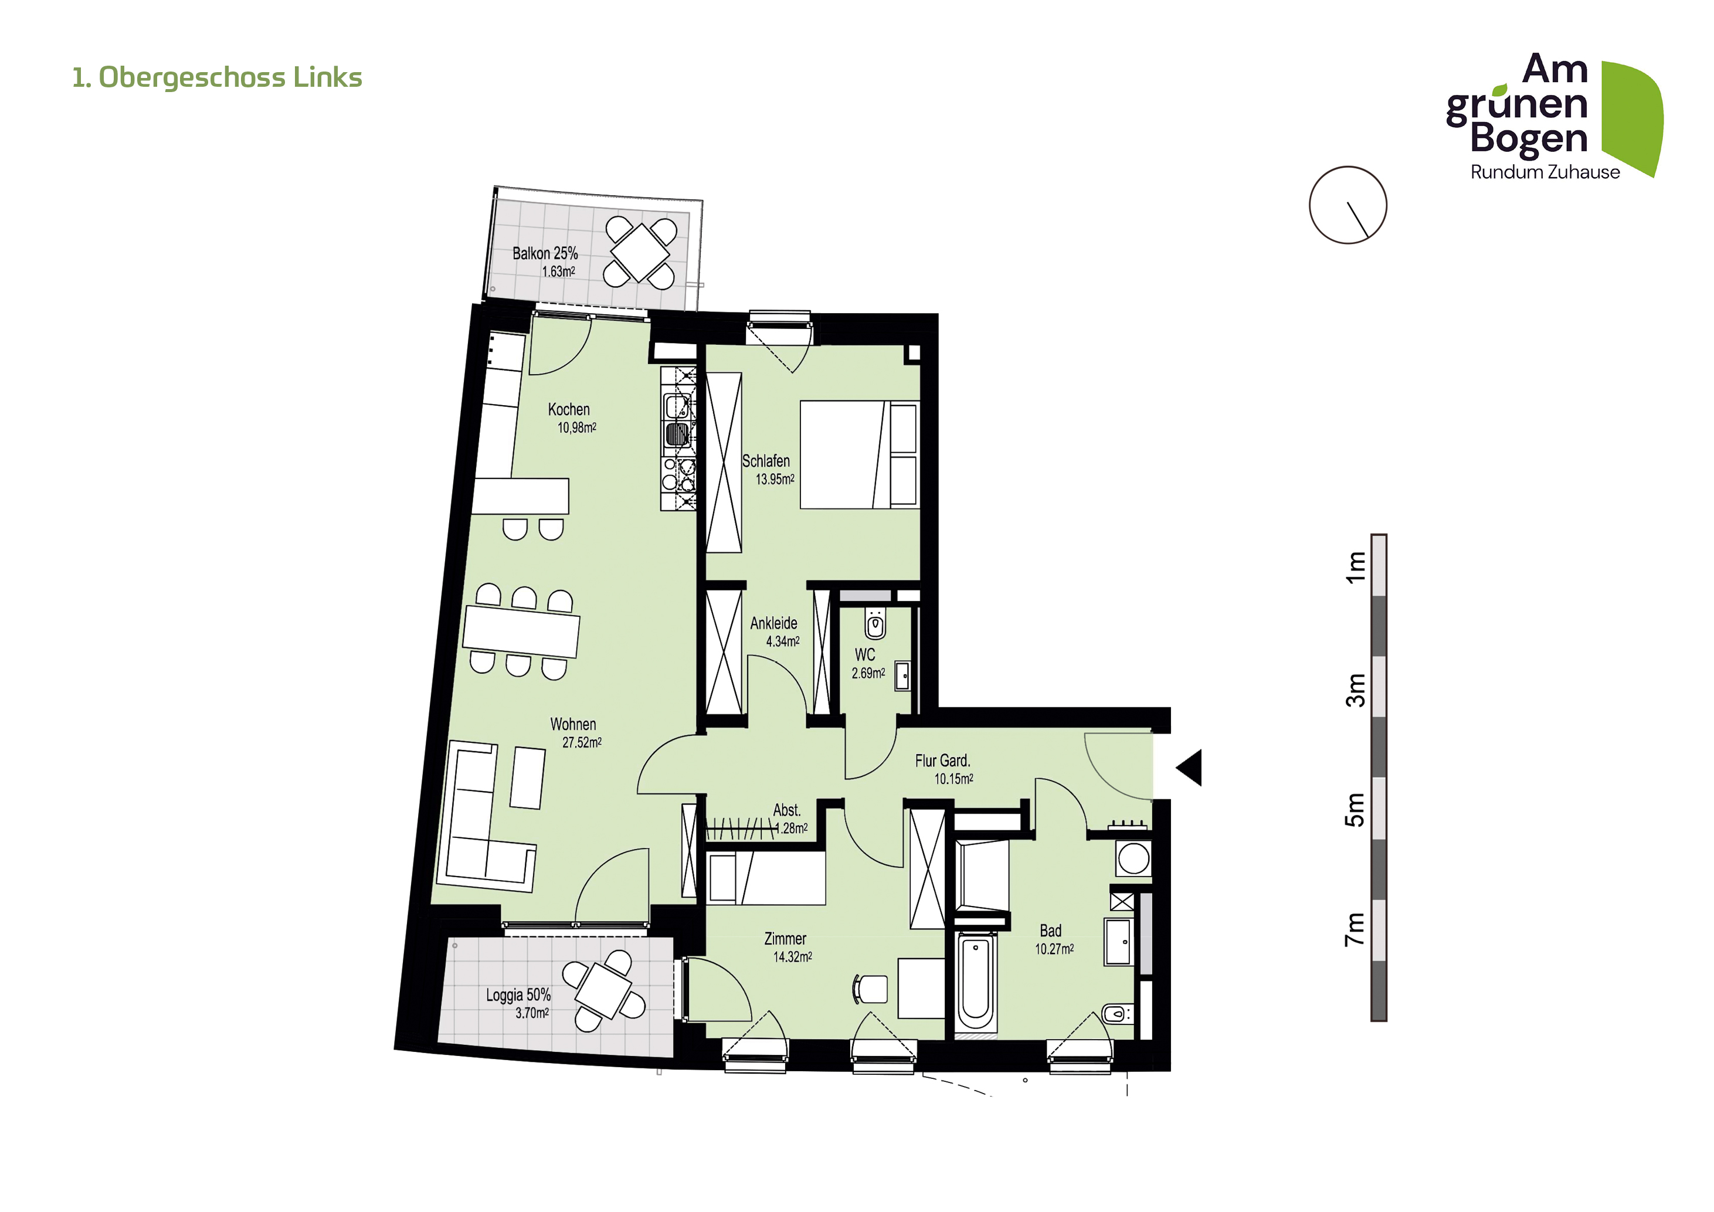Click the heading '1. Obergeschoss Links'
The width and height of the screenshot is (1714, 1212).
point(217,77)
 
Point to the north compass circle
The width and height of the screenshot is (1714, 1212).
point(1348,205)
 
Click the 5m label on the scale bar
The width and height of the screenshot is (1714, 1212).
point(1355,809)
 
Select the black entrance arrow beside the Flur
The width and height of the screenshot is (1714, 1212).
point(1190,767)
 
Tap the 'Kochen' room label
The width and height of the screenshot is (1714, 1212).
point(569,409)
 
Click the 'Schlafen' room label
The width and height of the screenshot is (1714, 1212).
point(765,460)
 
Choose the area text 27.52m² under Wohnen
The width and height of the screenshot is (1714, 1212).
point(582,742)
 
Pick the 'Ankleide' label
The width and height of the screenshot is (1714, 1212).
point(773,623)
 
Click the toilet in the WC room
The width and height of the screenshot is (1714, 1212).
point(875,623)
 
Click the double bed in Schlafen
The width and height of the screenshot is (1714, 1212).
point(859,454)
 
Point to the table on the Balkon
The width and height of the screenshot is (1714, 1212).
point(640,252)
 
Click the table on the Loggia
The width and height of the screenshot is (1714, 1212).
point(604,990)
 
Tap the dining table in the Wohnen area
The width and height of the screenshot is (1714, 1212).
point(521,632)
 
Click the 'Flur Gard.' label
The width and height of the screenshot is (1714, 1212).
point(942,761)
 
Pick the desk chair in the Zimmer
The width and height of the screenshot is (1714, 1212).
point(870,989)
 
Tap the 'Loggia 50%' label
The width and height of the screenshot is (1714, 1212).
point(518,995)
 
